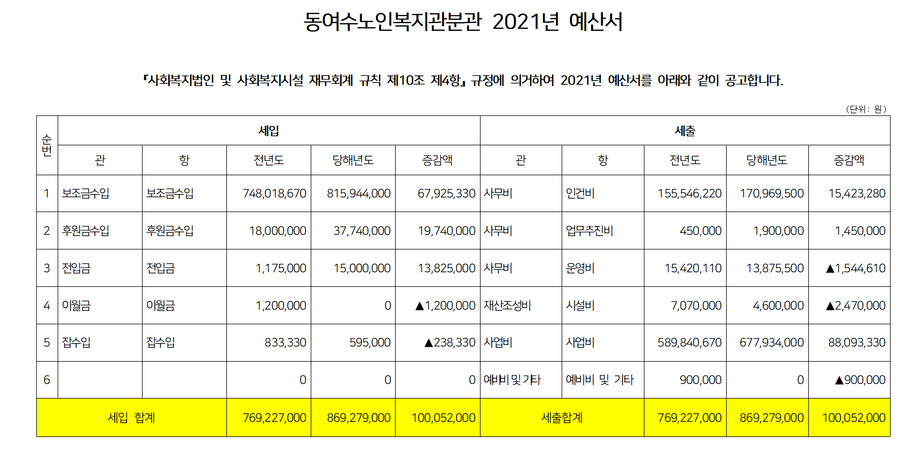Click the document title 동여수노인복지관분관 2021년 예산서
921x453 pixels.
[463, 22]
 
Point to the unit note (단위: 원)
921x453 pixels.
[866, 109]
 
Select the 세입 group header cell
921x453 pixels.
[269, 131]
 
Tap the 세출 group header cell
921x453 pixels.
[685, 131]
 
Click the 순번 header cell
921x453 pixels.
[47, 145]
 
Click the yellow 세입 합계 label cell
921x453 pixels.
[131, 418]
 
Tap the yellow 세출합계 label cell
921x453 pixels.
[562, 418]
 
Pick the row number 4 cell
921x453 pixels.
[47, 306]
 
